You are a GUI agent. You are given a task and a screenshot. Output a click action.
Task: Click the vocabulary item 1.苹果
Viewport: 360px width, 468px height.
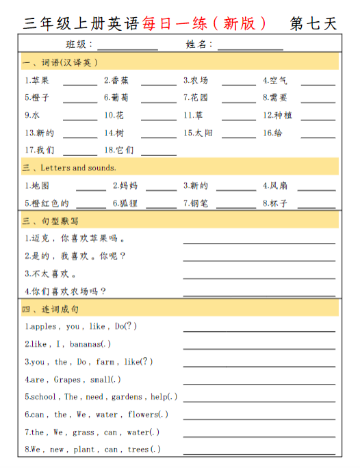pos(37,81)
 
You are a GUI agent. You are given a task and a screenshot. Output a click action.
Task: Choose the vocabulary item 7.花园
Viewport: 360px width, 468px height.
pos(196,98)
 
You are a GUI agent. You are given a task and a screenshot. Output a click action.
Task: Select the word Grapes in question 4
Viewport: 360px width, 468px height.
pos(67,380)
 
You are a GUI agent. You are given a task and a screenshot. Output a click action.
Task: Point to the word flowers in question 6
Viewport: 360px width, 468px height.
pos(142,415)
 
